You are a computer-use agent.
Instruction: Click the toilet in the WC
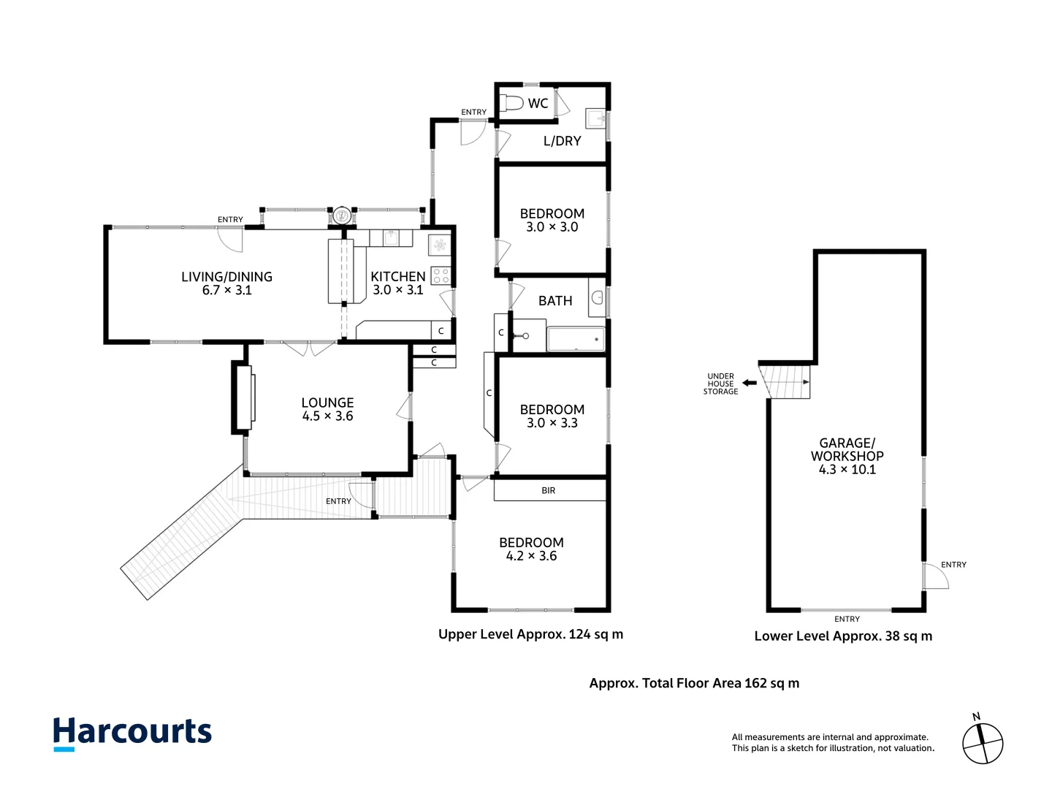(511, 102)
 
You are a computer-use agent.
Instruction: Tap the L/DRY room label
(563, 141)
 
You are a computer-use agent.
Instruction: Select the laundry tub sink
(595, 118)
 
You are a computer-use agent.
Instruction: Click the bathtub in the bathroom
(576, 339)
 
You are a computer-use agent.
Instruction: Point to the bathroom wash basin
(597, 297)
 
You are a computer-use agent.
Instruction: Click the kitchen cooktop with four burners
(441, 276)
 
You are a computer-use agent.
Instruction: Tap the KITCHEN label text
(398, 276)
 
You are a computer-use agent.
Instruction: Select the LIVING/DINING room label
(226, 276)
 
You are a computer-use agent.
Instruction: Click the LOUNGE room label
(327, 403)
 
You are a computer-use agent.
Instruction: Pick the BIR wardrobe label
(549, 490)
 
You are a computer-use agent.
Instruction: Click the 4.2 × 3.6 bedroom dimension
(532, 556)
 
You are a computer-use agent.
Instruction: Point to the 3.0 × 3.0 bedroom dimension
(552, 226)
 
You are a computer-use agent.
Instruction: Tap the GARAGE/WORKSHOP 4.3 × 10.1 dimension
(847, 470)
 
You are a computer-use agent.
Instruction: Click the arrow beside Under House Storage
(749, 383)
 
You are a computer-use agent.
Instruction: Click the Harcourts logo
(132, 733)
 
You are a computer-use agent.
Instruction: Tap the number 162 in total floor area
(756, 683)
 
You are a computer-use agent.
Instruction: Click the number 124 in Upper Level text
(580, 634)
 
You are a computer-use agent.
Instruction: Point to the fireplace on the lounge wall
(243, 397)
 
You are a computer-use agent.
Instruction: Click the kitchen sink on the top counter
(391, 237)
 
